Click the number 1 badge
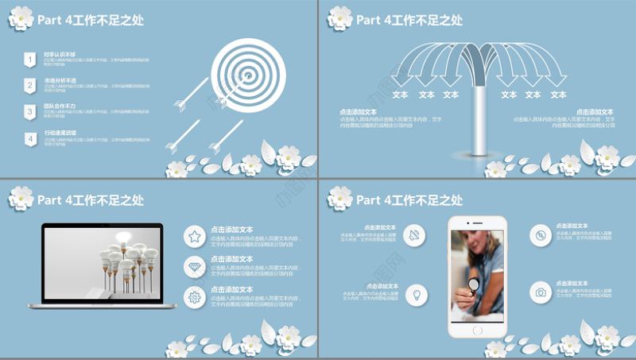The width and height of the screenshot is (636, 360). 29,59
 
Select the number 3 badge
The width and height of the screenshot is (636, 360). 29,112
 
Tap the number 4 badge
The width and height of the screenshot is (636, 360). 29,139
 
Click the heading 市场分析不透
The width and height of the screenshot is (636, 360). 60,80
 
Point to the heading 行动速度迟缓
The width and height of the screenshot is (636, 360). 60,134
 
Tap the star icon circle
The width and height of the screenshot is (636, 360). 194,236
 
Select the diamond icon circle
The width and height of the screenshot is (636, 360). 194,266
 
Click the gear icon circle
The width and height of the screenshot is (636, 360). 194,297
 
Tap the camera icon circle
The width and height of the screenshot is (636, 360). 541,292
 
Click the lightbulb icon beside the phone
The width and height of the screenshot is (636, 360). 415,295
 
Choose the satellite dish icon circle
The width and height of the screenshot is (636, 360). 415,234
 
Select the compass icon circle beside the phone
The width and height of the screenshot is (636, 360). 541,234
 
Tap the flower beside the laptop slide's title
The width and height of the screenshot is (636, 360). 21,198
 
